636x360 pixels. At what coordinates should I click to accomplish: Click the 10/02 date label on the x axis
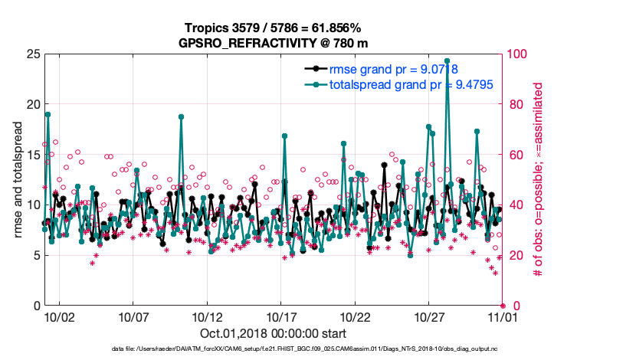[59, 316]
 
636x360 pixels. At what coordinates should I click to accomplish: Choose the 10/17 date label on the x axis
[281, 316]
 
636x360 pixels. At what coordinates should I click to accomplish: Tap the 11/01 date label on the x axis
[503, 316]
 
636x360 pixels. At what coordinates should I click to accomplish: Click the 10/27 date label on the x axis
[430, 316]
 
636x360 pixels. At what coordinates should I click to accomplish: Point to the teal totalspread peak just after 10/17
[284, 136]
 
